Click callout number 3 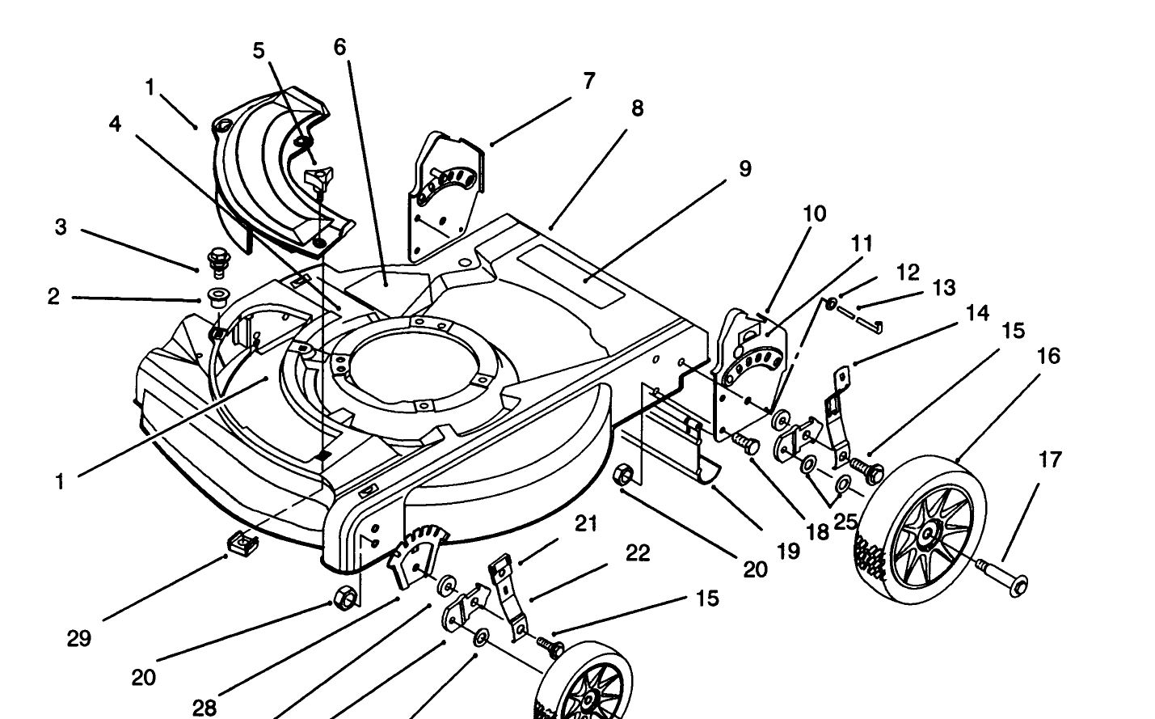pos(61,227)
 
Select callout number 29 pos(79,639)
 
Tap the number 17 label pos(1050,459)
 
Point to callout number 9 pos(745,169)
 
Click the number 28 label pos(204,708)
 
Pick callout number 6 pos(339,47)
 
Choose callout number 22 pos(639,553)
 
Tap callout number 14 pos(977,312)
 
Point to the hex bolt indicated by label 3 pos(218,262)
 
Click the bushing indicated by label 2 pos(218,298)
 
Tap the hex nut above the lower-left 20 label pos(345,598)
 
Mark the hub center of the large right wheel pos(928,532)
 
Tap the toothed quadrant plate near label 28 pos(418,556)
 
